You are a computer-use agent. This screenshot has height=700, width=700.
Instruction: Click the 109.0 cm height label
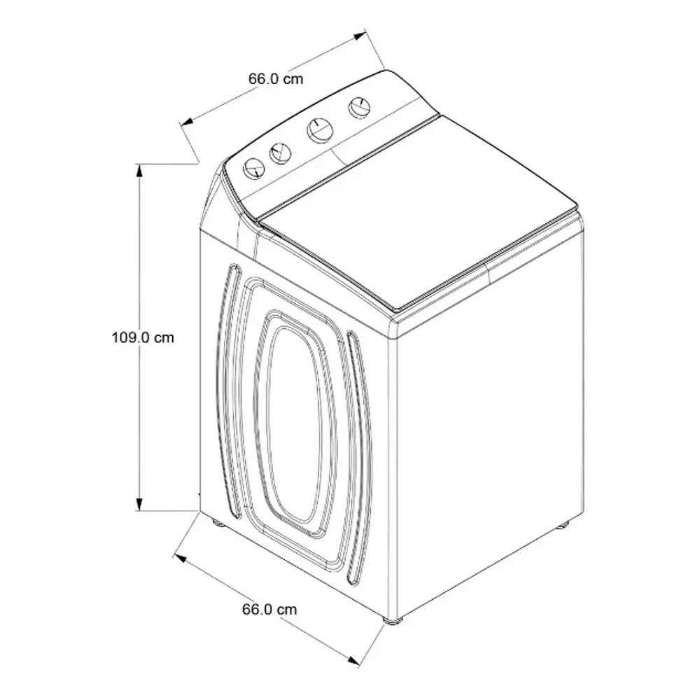click(x=143, y=337)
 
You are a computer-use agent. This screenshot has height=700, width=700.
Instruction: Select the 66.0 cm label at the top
click(x=276, y=79)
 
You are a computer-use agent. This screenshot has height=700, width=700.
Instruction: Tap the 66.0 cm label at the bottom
click(x=269, y=610)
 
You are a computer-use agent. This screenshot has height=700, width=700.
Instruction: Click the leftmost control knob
click(x=254, y=169)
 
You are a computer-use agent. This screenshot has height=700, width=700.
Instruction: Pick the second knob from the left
click(x=281, y=153)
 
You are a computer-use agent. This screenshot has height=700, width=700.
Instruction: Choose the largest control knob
click(x=320, y=131)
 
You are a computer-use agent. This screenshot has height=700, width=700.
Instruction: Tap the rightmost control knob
click(x=359, y=107)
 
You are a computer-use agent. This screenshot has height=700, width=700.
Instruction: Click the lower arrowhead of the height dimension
click(x=140, y=503)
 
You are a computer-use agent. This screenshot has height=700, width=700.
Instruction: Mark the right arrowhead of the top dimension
click(x=359, y=36)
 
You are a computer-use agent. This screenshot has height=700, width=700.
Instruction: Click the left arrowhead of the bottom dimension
click(x=179, y=558)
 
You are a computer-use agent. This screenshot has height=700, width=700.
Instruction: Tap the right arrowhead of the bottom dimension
click(x=353, y=660)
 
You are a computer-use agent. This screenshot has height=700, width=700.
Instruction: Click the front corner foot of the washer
click(x=393, y=620)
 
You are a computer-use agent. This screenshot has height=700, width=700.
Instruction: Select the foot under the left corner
click(x=218, y=522)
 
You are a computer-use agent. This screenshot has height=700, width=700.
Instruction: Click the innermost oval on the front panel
click(x=295, y=423)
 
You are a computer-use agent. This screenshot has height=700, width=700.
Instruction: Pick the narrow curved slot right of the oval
click(x=358, y=458)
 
